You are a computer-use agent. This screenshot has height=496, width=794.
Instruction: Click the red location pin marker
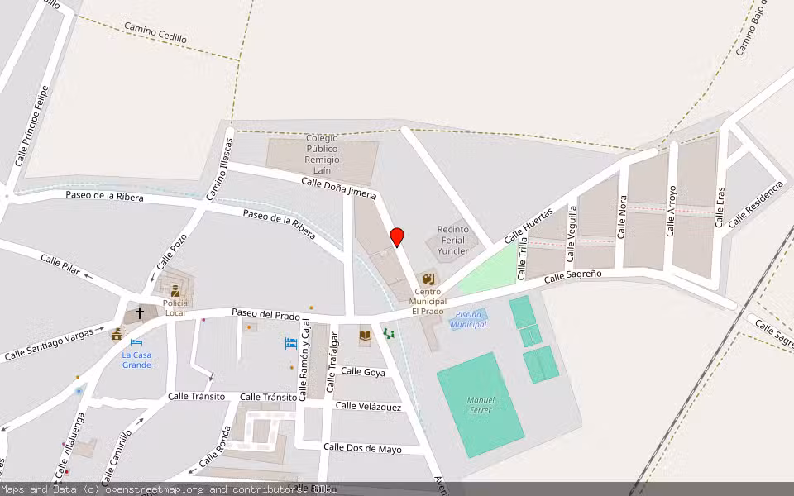click(x=397, y=236)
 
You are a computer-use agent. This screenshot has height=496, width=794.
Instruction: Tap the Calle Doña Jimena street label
click(x=339, y=188)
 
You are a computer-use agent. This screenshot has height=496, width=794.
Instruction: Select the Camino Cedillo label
click(x=155, y=33)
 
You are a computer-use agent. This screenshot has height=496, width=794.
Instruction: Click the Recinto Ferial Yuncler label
click(x=452, y=240)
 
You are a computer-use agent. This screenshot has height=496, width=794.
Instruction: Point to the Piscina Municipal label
click(x=468, y=319)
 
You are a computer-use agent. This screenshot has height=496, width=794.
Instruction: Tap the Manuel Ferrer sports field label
click(x=480, y=405)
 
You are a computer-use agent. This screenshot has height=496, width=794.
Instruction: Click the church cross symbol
click(x=140, y=313)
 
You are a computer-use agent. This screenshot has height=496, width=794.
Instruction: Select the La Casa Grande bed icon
click(x=136, y=342)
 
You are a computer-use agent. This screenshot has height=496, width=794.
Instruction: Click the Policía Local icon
click(x=175, y=290)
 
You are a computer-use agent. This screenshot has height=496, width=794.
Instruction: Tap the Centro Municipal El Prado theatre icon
click(x=428, y=279)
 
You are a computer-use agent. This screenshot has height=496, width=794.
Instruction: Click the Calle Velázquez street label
click(x=368, y=406)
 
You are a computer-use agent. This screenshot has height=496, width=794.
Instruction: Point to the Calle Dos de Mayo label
click(x=362, y=448)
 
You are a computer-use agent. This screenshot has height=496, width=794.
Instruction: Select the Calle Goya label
click(x=363, y=372)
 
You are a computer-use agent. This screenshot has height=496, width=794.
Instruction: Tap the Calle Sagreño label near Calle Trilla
click(x=572, y=278)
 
